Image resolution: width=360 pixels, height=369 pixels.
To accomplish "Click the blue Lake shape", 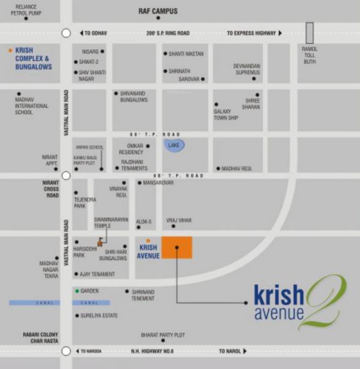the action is point(174,146).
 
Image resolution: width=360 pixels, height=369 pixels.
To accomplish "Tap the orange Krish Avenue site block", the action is point(176,247).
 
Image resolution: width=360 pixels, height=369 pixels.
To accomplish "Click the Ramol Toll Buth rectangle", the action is point(310,33).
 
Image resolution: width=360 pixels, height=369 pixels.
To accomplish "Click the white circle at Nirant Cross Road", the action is point(66,175).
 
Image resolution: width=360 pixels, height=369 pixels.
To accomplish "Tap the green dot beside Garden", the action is point(77,291).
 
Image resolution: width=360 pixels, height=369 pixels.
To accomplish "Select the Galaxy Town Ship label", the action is point(225,114).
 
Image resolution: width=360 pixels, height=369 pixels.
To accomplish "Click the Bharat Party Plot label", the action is point(163,336).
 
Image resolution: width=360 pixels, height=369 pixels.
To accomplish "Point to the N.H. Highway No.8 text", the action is point(152,351).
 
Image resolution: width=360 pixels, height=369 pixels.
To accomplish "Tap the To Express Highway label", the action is point(251,33).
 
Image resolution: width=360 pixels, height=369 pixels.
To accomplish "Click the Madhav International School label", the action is point(32,106).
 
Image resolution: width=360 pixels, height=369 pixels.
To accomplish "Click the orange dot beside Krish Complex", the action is point(10,50).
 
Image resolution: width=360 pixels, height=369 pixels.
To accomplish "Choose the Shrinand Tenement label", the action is point(143,295).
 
